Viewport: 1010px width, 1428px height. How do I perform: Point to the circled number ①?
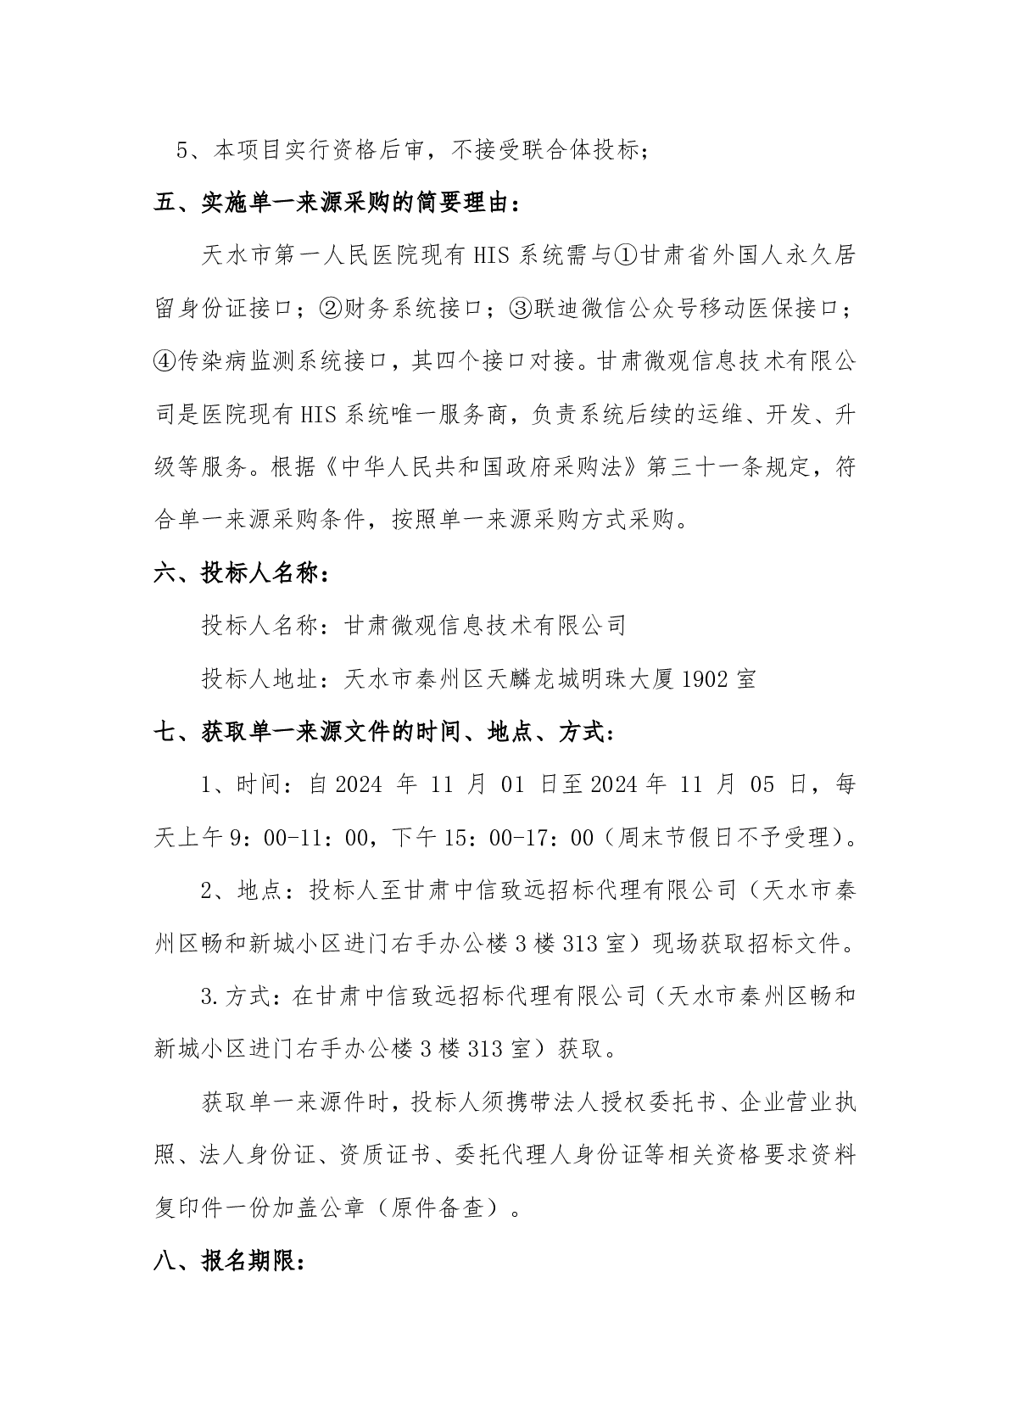(x=624, y=256)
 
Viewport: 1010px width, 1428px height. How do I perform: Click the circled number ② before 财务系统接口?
(x=330, y=310)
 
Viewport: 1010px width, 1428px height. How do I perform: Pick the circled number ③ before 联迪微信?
(x=520, y=310)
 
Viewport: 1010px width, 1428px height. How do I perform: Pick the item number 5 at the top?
(x=181, y=151)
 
